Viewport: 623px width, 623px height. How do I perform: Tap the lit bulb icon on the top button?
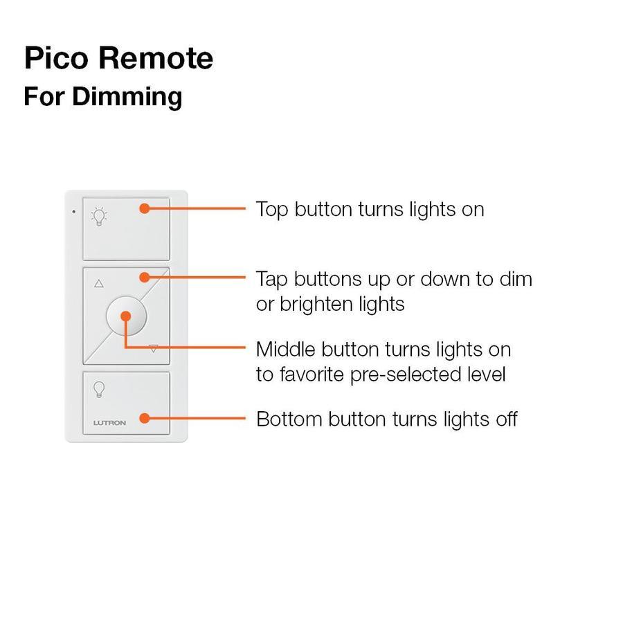(100, 215)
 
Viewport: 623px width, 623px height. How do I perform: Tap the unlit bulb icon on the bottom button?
(100, 389)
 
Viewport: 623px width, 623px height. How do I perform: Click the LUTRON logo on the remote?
(109, 423)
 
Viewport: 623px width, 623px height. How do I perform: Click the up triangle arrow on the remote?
(98, 283)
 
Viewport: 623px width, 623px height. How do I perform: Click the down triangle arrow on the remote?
(154, 349)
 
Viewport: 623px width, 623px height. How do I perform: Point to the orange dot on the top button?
(144, 208)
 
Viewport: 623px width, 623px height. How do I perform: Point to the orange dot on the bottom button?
(144, 418)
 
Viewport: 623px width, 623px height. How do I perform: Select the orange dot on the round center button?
(125, 316)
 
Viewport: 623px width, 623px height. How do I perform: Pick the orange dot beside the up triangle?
(144, 278)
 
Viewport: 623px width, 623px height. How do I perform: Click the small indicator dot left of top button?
(73, 210)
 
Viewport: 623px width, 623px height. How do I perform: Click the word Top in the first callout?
(273, 210)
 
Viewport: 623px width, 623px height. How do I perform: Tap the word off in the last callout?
(505, 419)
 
